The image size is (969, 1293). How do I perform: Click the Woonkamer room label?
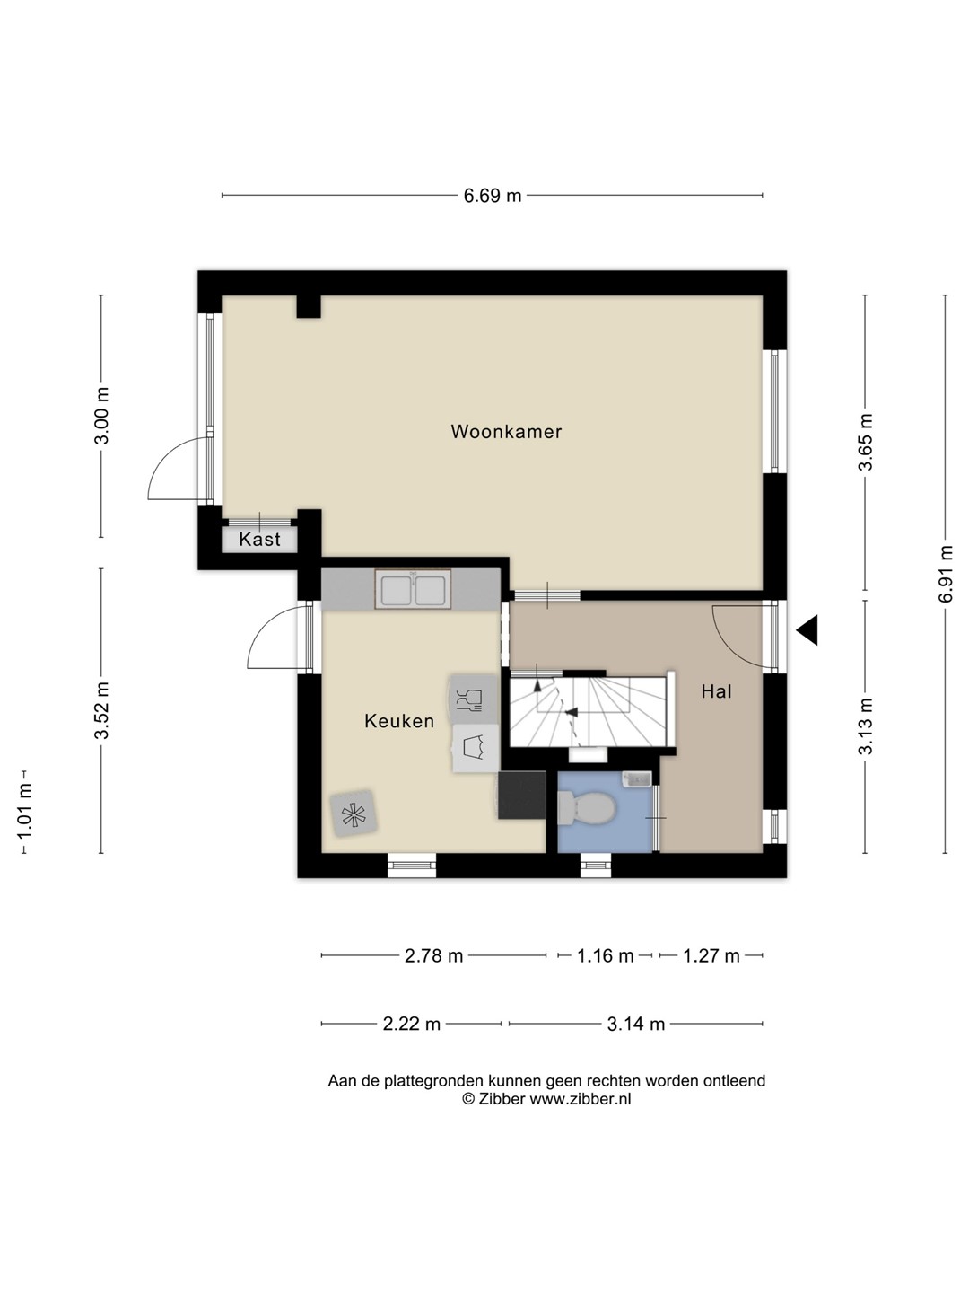(506, 431)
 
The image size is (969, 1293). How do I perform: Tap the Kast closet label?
(259, 539)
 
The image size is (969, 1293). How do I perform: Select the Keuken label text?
(399, 720)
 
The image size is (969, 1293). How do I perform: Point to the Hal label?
(716, 691)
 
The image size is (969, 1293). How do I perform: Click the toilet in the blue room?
(586, 808)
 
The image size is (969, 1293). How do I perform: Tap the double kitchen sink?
(413, 589)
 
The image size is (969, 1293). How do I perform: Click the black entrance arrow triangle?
(807, 629)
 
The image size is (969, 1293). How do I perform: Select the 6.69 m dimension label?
(493, 196)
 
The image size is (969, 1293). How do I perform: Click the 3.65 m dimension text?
(864, 443)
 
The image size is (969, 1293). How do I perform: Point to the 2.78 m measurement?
(433, 954)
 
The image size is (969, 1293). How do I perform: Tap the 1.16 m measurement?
(605, 954)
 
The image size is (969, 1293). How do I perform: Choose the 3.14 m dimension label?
(636, 1024)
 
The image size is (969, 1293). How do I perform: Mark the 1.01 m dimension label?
(23, 811)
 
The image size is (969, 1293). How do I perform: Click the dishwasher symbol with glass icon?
(473, 699)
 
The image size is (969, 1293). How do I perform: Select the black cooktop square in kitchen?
(522, 795)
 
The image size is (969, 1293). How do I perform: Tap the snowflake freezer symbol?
(353, 814)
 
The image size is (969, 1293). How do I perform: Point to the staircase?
(591, 710)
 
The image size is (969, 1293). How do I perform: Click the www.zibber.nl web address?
(581, 1099)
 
